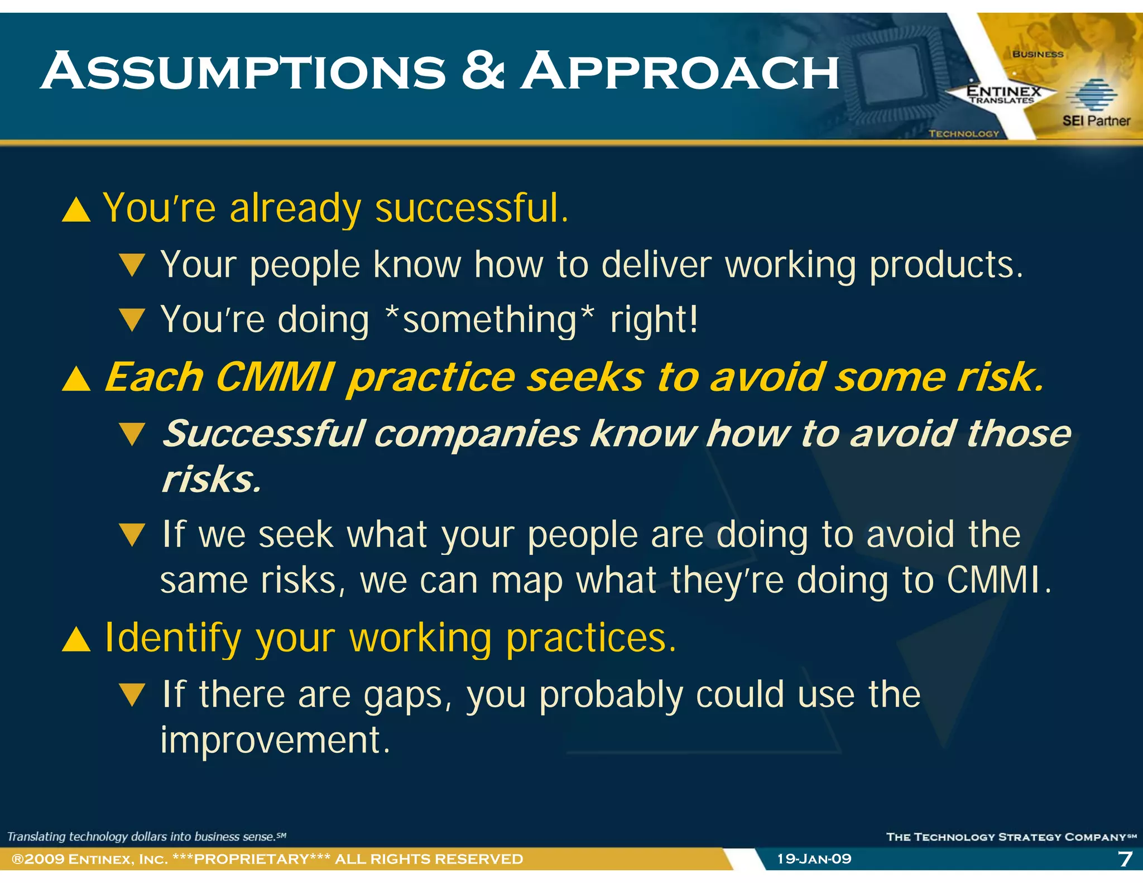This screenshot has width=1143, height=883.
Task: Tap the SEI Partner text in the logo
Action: coord(1096,121)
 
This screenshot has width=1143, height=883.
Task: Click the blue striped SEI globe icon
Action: coord(1091,95)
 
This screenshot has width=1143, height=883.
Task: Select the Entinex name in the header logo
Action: coord(1003,91)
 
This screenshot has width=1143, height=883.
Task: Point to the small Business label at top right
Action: coord(1038,54)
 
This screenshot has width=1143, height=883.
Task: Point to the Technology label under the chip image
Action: coord(963,134)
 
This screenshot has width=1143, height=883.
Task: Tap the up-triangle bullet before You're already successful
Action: coord(76,210)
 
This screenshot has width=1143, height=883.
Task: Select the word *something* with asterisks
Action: coord(490,320)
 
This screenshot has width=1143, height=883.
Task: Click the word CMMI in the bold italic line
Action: coord(275,377)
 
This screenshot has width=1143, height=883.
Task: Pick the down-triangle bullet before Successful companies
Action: coord(132,434)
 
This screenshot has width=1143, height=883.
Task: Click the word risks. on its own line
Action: coord(211,479)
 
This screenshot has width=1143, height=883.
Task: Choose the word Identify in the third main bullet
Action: coord(173,638)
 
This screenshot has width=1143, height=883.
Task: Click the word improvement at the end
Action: coord(275,741)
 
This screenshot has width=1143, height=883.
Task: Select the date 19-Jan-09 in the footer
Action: coord(814,858)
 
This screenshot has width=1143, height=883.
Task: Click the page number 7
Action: coord(1125,858)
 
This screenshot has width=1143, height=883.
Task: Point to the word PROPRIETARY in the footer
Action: coord(251,858)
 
